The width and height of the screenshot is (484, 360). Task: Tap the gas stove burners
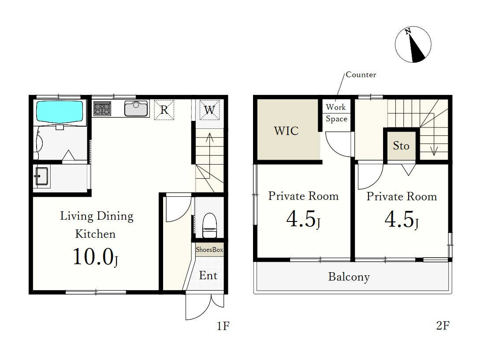(102, 109)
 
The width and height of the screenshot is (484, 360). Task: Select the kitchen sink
(136, 109)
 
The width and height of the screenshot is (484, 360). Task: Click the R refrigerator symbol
(164, 110)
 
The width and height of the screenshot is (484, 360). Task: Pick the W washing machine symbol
(209, 110)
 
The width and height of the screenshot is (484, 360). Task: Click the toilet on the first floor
(209, 225)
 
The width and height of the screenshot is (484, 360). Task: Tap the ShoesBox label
(209, 250)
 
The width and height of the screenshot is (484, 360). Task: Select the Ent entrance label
(208, 275)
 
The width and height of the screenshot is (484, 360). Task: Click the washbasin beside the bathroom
(42, 176)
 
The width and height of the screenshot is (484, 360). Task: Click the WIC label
(286, 131)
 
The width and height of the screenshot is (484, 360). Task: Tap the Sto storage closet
(401, 146)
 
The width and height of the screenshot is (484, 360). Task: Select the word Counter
(361, 75)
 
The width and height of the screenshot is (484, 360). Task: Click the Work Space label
(336, 113)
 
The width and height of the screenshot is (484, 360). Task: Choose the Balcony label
(349, 277)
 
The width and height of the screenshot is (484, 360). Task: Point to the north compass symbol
(413, 45)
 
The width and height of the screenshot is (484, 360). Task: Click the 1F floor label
(223, 326)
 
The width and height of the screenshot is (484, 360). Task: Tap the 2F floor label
(443, 326)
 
